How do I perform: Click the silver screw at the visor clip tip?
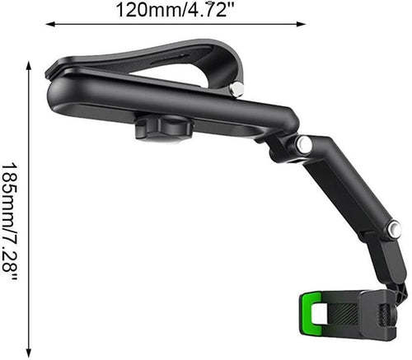(x=238, y=88)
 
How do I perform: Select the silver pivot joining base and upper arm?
(x=304, y=144)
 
